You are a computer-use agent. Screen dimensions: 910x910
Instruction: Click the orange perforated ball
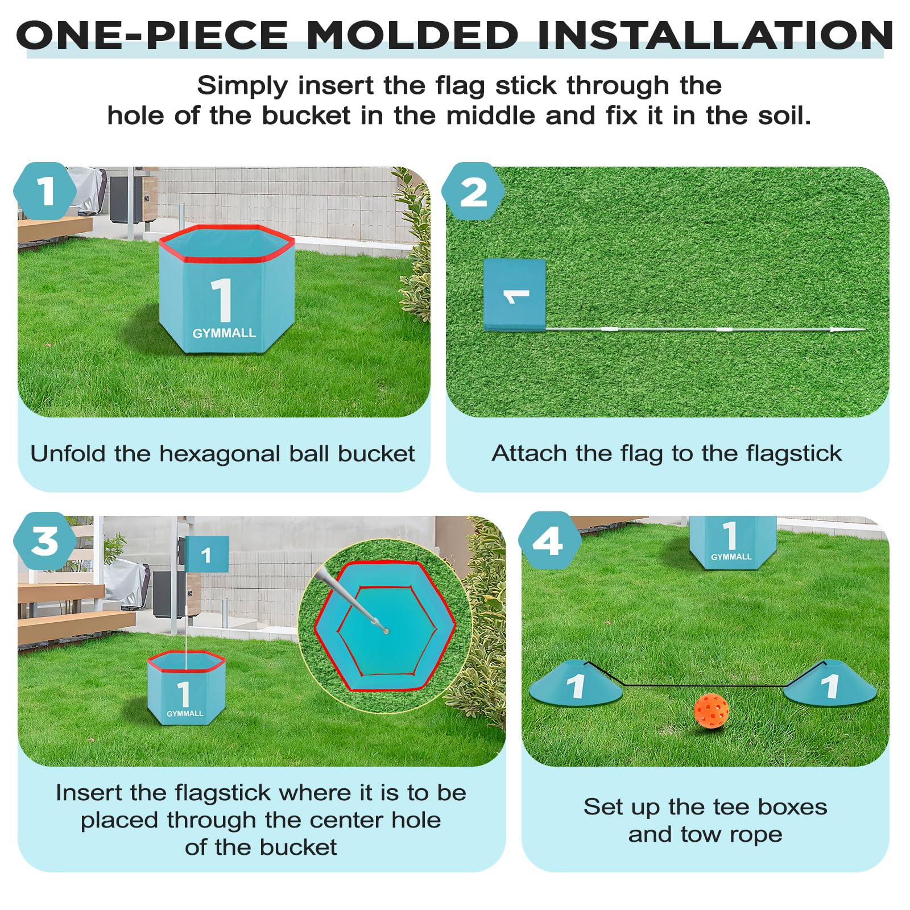point(711,711)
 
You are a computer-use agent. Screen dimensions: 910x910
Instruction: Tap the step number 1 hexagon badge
point(45,192)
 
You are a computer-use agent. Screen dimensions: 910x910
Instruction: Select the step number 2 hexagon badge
point(473,192)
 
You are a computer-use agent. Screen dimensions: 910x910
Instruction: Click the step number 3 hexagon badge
point(45,540)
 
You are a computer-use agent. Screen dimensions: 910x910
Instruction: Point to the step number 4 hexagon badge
point(549,540)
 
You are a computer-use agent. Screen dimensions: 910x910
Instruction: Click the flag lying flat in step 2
point(515,295)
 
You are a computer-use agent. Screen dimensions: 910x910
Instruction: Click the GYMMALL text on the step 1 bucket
point(224,333)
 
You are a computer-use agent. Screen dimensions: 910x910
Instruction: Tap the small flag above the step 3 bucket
point(206,554)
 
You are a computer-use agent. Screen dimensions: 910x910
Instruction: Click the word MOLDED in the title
point(412,35)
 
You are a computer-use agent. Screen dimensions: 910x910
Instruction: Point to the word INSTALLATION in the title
point(715,35)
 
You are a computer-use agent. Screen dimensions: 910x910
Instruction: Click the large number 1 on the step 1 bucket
point(222,300)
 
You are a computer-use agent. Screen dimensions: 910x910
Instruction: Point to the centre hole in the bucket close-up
point(386,630)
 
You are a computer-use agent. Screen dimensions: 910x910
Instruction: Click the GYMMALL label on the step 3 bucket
point(185,713)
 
